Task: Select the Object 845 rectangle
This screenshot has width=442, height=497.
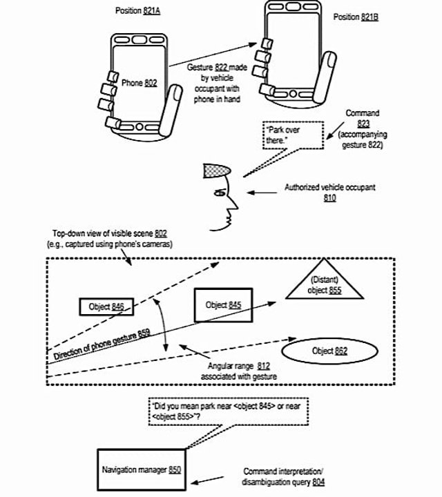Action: click(222, 305)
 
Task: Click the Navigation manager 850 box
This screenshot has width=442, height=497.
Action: click(142, 470)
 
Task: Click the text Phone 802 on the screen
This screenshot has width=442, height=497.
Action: click(139, 83)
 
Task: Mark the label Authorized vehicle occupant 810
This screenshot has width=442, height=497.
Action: click(329, 192)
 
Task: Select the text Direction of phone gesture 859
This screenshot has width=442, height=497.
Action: click(101, 346)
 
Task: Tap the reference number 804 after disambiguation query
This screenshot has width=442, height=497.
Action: click(317, 481)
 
